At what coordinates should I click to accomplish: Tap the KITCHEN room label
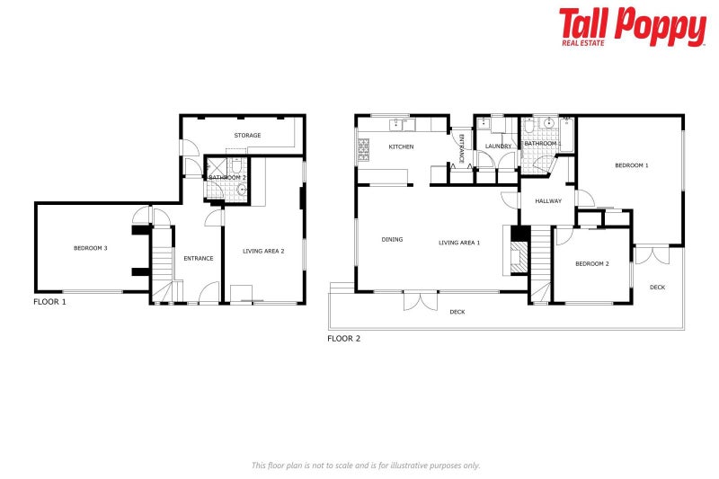[400, 146]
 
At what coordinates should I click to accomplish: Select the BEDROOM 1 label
[631, 165]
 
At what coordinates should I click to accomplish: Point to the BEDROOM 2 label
[592, 263]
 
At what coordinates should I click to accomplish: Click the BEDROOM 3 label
[91, 248]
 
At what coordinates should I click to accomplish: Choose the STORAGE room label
[247, 136]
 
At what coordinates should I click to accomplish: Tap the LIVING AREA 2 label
[263, 251]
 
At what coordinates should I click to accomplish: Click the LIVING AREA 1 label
[459, 242]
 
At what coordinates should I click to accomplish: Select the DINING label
[392, 240]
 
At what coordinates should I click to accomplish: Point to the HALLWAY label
[547, 201]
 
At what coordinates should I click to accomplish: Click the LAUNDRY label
[498, 146]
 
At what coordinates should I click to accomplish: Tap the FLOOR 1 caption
[49, 302]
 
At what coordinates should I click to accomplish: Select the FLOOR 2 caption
[343, 339]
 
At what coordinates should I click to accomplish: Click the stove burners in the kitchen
[364, 149]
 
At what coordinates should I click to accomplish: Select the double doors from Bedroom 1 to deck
[652, 254]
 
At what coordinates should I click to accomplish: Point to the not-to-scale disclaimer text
[365, 465]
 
